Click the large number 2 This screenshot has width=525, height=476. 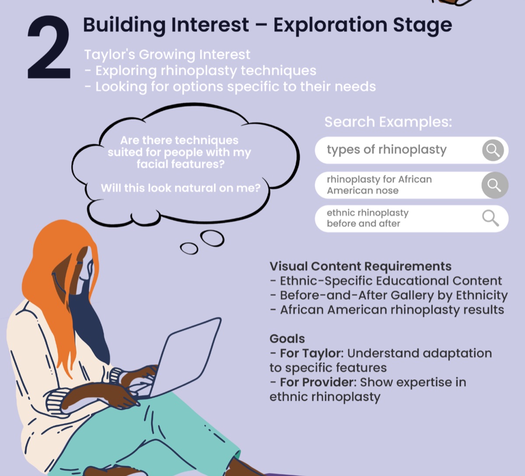pyautogui.click(x=49, y=47)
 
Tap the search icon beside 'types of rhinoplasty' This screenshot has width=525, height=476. pyautogui.click(x=493, y=150)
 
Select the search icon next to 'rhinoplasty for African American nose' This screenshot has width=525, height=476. pyautogui.click(x=495, y=185)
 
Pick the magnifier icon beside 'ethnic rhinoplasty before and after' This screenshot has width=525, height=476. pyautogui.click(x=490, y=218)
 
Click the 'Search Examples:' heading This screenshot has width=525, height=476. pyautogui.click(x=388, y=122)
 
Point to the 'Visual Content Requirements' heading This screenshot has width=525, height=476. pyautogui.click(x=360, y=266)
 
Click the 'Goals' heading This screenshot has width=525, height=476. pyautogui.click(x=287, y=339)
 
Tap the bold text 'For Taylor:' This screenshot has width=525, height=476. pyautogui.click(x=311, y=353)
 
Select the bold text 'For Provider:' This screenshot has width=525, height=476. pyautogui.click(x=318, y=382)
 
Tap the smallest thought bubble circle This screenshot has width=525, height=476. pyautogui.click(x=189, y=248)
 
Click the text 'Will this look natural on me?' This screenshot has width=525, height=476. pyautogui.click(x=181, y=188)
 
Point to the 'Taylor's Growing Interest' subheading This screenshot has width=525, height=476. pyautogui.click(x=167, y=55)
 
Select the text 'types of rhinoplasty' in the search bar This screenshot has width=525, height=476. pyautogui.click(x=387, y=150)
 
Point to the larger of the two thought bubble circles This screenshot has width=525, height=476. pyautogui.click(x=212, y=238)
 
